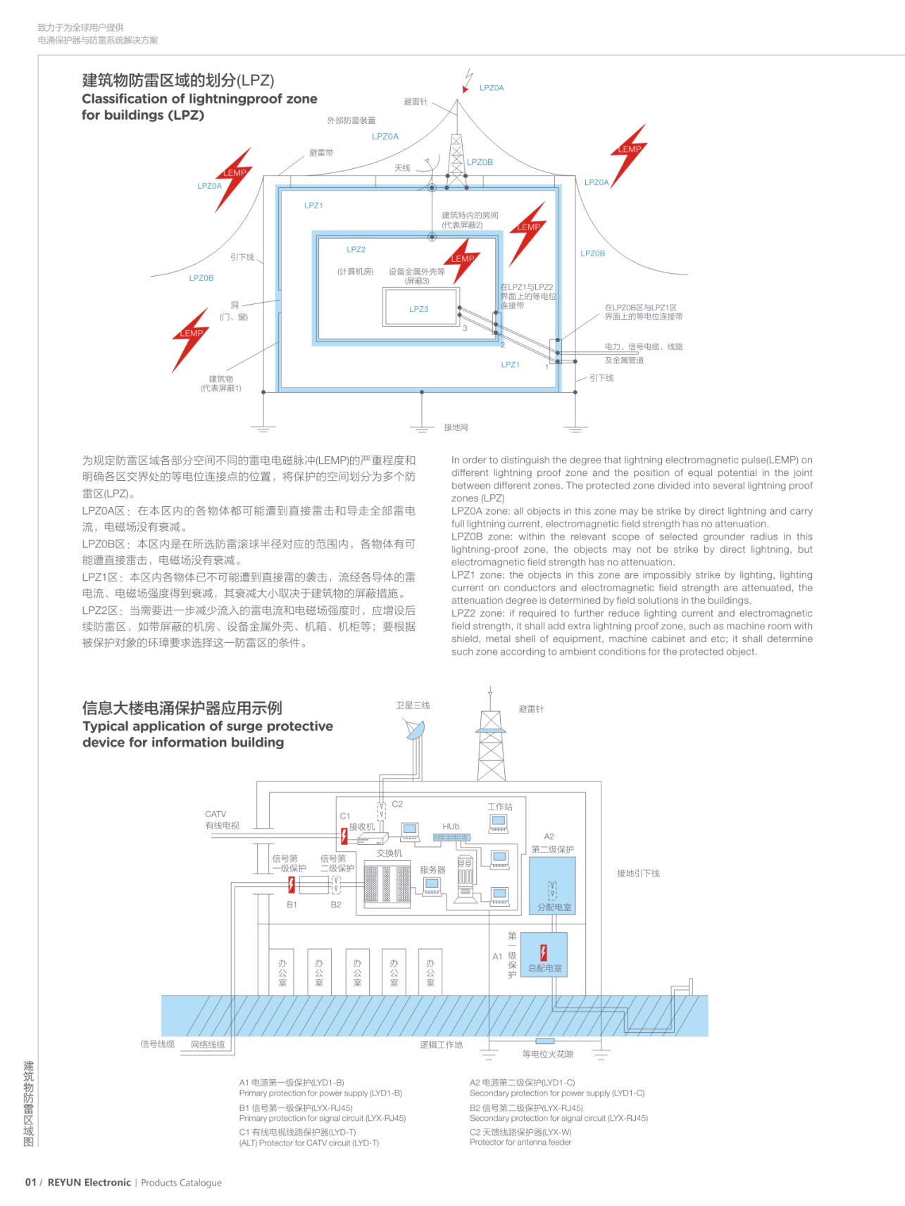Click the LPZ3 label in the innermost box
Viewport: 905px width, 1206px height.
(418, 309)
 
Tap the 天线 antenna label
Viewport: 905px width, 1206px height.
(402, 168)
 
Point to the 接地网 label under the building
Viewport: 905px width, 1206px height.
(456, 427)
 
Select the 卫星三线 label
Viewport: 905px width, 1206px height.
(413, 705)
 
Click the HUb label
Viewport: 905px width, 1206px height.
(451, 827)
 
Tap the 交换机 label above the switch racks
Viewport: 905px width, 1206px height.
(389, 853)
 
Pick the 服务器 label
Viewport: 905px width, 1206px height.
(432, 870)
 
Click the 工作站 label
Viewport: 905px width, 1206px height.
(500, 807)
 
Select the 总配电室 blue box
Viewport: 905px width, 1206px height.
(544, 955)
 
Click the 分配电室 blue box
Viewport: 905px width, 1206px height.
(552, 886)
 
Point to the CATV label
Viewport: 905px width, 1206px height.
(216, 814)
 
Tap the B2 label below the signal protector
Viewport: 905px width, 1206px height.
(336, 905)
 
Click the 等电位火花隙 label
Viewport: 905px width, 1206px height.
(548, 1054)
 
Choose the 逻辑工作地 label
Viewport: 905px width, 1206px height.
(442, 1045)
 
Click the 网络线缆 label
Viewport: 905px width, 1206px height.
(208, 1045)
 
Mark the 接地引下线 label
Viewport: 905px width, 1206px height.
(638, 874)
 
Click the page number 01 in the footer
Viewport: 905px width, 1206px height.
(30, 1183)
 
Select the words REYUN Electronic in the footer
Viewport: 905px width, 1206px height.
(89, 1183)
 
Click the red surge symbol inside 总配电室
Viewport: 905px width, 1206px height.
(543, 953)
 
